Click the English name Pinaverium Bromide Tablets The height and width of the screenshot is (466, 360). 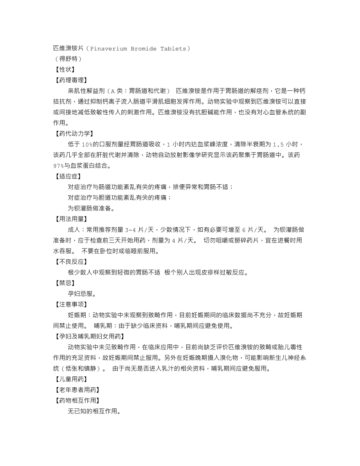pos(138,49)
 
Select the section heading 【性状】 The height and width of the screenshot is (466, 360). pos(65,70)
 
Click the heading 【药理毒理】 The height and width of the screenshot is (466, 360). pos(71,80)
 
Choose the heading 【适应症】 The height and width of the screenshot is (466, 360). pos(68,176)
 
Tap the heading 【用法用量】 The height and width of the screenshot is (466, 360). pos(71,219)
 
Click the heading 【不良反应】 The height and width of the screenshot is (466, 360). pos(71,261)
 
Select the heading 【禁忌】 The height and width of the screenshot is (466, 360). pos(65,282)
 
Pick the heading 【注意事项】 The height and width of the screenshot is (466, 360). pos(71,304)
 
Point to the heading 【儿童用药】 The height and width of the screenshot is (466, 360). pos(71,379)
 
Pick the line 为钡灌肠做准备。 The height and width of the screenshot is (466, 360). pos(91,208)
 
